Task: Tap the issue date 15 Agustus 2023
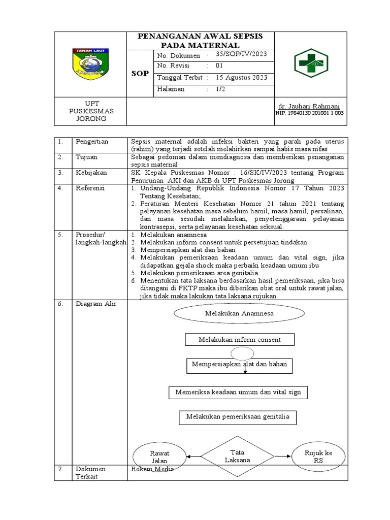(x=241, y=78)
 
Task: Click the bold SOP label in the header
(x=140, y=73)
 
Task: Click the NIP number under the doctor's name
(x=309, y=113)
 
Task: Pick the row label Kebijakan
(x=91, y=173)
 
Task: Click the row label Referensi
(x=90, y=188)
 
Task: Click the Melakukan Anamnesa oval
(x=239, y=313)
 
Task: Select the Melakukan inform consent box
(x=240, y=339)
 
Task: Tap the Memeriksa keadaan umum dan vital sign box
(x=238, y=393)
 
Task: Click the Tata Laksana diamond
(x=238, y=456)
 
